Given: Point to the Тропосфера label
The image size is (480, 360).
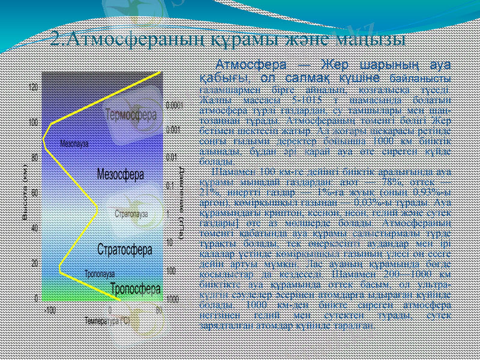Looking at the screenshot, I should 136,289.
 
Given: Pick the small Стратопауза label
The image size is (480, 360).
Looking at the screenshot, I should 131,214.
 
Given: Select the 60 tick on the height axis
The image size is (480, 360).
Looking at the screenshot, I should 35,193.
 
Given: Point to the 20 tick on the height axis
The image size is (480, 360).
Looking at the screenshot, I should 35,263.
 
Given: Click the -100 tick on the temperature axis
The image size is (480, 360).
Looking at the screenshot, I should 50,311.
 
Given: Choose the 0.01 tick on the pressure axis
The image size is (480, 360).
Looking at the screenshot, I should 170,158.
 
